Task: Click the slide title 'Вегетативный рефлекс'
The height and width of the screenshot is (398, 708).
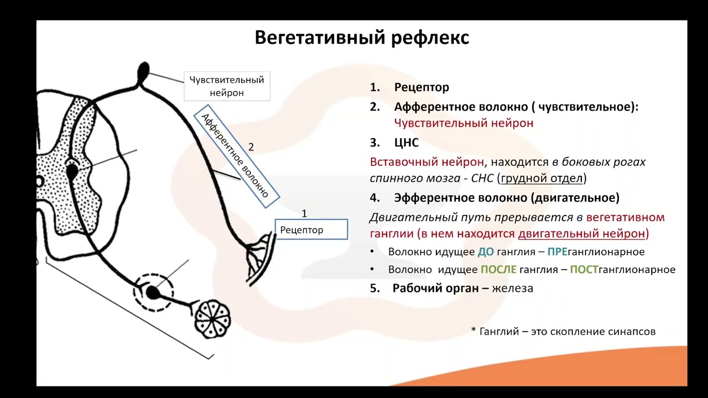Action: [x=362, y=38]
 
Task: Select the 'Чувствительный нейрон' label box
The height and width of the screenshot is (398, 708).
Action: [x=227, y=86]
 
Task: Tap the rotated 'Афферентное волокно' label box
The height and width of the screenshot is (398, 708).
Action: [x=236, y=157]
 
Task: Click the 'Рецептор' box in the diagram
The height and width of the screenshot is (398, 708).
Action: [x=311, y=229]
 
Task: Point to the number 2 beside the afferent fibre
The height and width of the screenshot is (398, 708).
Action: [x=251, y=147]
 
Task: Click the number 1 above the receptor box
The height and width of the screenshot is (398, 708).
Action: [x=304, y=213]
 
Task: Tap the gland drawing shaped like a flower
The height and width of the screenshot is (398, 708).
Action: [x=212, y=318]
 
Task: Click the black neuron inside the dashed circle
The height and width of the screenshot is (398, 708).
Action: [x=152, y=291]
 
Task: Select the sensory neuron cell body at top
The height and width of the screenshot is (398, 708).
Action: [x=143, y=70]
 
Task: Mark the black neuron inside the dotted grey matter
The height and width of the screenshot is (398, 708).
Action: [x=72, y=171]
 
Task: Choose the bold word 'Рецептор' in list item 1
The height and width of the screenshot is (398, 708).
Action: [x=421, y=87]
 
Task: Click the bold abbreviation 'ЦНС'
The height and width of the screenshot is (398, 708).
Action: [x=407, y=143]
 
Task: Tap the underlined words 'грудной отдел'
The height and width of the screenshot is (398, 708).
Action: [x=542, y=179]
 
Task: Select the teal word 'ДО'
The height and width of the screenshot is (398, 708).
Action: [x=486, y=252]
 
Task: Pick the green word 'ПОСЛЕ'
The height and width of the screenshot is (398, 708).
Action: [x=498, y=270]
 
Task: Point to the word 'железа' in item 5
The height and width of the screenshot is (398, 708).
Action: [x=513, y=288]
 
